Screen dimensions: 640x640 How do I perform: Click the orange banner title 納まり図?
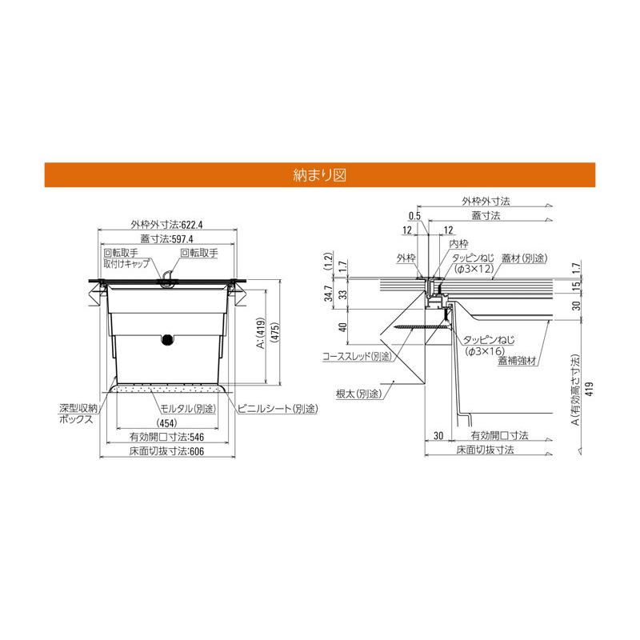point(319,175)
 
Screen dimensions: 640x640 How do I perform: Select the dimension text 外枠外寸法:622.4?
point(166,225)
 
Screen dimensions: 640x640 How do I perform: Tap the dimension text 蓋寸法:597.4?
point(166,238)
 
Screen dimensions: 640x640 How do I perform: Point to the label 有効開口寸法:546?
point(166,437)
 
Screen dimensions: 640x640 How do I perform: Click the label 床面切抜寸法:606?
point(166,451)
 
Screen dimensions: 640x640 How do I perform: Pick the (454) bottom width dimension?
point(167,423)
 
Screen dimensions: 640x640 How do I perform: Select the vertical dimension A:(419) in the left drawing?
point(261,333)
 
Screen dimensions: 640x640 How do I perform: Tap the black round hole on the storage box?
point(166,339)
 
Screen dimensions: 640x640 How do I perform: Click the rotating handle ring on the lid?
point(166,276)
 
